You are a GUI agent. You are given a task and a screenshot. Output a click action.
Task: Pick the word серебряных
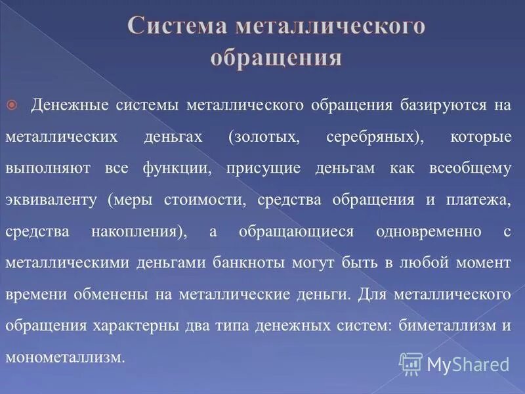366,137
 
